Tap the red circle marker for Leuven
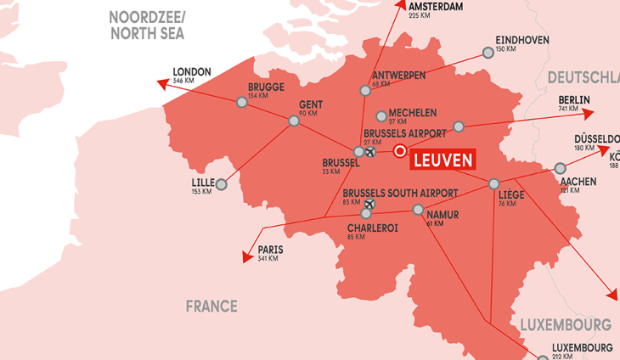(400, 149)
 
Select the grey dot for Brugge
(242, 102)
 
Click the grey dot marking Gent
(294, 121)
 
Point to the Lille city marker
(222, 184)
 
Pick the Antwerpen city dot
(365, 90)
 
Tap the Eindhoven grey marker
(488, 53)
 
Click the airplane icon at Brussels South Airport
(369, 204)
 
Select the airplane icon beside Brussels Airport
(370, 152)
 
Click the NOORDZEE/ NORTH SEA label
(146, 25)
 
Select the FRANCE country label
(211, 307)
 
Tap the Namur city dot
(418, 210)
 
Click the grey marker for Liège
(493, 183)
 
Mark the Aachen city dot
(560, 168)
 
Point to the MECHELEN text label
(413, 113)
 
